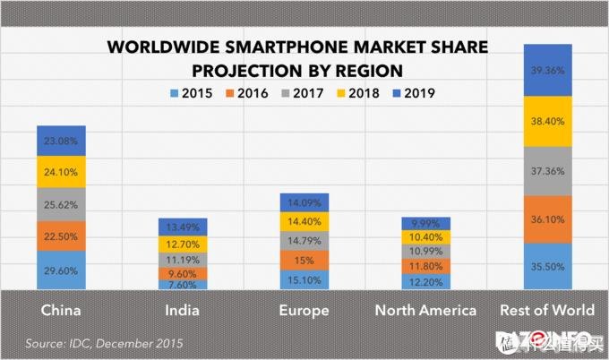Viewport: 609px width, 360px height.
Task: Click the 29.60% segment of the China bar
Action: tap(61, 270)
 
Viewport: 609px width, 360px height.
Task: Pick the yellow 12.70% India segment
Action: tap(183, 243)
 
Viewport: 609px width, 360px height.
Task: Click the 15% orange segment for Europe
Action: tap(304, 261)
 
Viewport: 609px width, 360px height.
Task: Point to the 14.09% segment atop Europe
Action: tap(304, 202)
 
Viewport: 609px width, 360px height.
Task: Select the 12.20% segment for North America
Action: tap(425, 281)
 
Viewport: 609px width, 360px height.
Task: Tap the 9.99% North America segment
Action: tap(425, 223)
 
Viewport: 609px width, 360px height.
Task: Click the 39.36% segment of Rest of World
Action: tap(547, 70)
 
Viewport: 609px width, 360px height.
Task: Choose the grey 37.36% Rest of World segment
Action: tap(547, 171)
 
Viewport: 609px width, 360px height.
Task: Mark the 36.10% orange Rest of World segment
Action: tap(547, 219)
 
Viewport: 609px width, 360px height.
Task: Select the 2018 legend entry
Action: tap(357, 93)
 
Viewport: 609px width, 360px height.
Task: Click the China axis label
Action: tap(61, 311)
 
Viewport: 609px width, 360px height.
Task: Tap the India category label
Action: tap(183, 311)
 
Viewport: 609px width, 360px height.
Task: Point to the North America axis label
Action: tap(425, 311)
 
